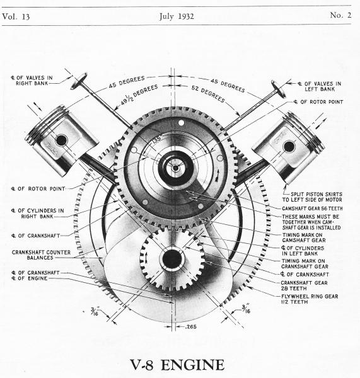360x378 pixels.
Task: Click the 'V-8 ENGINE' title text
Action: [177, 365]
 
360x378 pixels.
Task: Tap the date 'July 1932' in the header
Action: [177, 16]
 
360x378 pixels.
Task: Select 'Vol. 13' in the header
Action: [16, 16]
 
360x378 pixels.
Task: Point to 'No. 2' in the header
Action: [340, 15]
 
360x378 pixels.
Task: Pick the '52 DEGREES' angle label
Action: [208, 94]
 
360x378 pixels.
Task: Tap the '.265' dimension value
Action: [190, 327]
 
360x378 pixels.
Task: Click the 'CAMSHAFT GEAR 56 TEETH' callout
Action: [312, 209]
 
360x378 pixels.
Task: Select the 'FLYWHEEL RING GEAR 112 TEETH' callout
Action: [310, 299]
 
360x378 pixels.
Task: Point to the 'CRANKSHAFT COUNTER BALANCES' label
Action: [41, 255]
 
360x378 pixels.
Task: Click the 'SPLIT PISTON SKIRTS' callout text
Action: [316, 194]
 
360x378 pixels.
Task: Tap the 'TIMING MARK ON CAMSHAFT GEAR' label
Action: [304, 238]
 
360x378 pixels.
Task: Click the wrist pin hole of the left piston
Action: [61, 140]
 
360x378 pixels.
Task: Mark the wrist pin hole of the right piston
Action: [289, 147]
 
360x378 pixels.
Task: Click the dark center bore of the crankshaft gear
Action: [171, 259]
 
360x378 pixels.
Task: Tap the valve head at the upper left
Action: [79, 81]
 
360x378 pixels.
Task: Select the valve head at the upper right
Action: [279, 89]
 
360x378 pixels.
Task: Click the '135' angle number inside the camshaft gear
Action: [156, 140]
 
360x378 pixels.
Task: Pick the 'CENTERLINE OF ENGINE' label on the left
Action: [29, 278]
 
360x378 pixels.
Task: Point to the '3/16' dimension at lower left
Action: [95, 311]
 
